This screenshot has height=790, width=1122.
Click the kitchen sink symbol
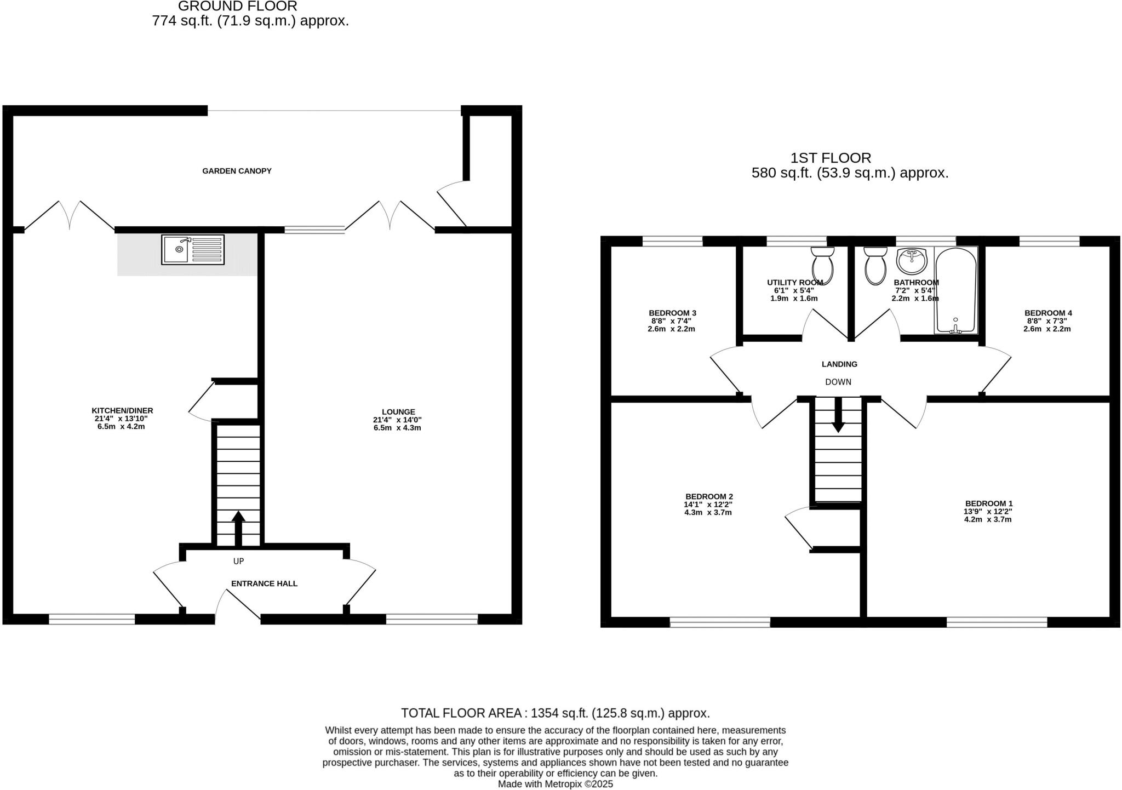coord(192,250)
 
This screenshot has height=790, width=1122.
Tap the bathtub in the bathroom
coord(955,290)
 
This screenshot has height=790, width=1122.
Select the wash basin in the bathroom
coord(912,261)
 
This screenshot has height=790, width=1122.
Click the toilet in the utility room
coord(822,265)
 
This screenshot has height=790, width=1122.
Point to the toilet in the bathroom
coord(875,266)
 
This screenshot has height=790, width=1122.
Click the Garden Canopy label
coord(237,171)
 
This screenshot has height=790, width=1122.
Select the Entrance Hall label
coord(264,583)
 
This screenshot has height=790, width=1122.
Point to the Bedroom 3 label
coord(672,313)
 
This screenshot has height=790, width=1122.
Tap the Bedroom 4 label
coord(1048,313)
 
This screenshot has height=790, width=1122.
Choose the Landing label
coord(839,364)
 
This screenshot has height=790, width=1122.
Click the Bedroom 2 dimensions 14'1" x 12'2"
coord(708,505)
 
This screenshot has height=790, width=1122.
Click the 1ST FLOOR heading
coord(830,158)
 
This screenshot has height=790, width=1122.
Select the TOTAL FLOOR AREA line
coord(555,713)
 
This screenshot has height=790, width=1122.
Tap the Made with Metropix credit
coord(555,784)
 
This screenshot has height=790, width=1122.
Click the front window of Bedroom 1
coord(997,622)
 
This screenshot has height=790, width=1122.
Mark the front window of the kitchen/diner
coord(91,619)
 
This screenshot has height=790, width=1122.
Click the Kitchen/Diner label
coord(122,410)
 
